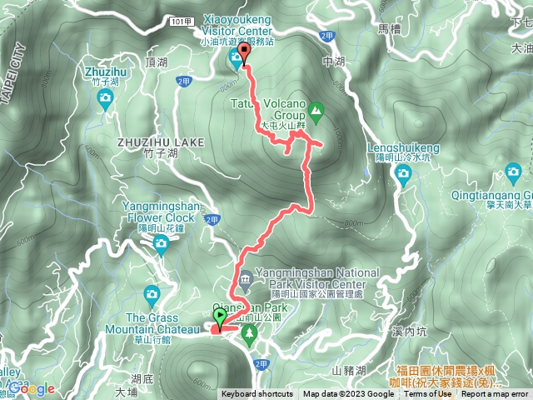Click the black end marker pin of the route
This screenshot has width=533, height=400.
[x=243, y=55]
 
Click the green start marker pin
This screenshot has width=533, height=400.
[x=220, y=317]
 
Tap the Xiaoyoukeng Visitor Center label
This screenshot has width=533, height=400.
[x=238, y=29]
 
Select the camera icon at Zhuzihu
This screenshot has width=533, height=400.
[x=105, y=100]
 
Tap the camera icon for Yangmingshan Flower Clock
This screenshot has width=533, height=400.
[x=161, y=242]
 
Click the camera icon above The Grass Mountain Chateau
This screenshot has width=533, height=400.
[x=151, y=293]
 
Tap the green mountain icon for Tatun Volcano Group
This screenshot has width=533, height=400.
[x=316, y=109]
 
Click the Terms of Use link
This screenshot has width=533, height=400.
[x=427, y=394]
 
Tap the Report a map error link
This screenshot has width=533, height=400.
[x=496, y=394]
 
